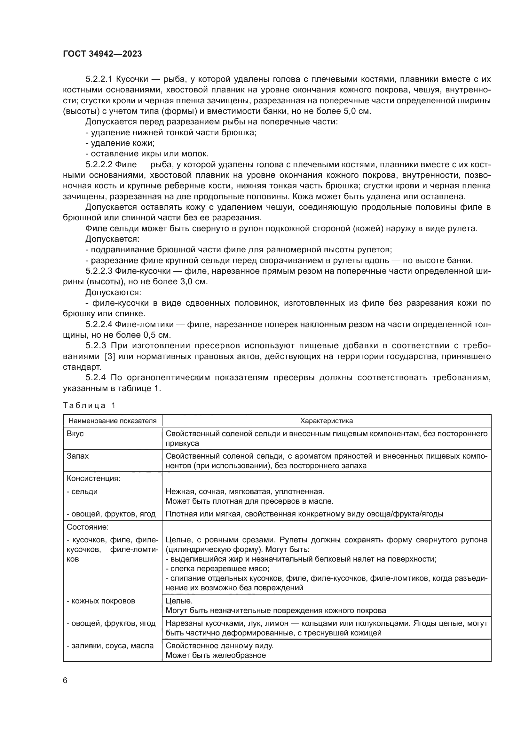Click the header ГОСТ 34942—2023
[102, 54]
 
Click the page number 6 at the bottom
[65, 680]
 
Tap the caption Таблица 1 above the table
[89, 405]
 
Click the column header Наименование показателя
[112, 421]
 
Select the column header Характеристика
[327, 421]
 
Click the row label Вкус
[75, 434]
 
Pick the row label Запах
[77, 456]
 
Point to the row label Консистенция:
[93, 479]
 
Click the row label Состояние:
[88, 527]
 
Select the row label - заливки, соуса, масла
[110, 646]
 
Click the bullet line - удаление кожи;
[120, 143]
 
